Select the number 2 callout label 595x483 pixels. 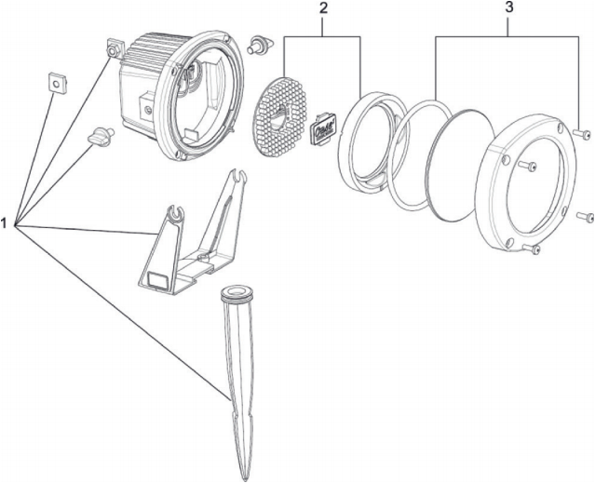point(323,9)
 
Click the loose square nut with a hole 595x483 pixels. point(57,84)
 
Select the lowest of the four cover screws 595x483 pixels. point(534,248)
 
